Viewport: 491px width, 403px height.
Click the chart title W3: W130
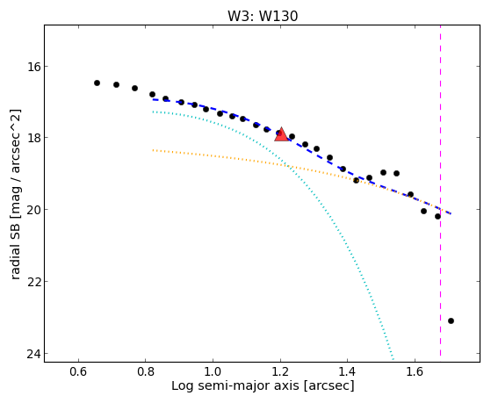coord(263,16)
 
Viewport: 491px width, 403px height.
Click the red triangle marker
coord(281,134)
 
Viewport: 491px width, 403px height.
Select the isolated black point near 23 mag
coord(451,320)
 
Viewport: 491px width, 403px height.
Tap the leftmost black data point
coord(97,83)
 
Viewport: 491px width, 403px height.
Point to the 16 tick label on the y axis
coord(31,67)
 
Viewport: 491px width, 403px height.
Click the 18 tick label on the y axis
coord(31,138)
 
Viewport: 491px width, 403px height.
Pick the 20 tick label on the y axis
coord(31,210)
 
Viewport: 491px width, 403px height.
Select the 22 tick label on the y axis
coord(31,282)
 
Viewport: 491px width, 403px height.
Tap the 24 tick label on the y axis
coord(31,354)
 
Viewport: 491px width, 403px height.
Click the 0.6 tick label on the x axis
coord(78,371)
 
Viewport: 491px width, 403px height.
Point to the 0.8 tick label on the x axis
coord(145,371)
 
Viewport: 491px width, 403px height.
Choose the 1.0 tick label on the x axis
coord(213,371)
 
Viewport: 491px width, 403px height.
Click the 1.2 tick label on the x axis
coord(280,371)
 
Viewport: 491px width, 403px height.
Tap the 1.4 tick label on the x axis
coord(347,371)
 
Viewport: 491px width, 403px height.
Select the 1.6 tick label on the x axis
coord(415,371)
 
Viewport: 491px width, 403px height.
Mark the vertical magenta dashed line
coord(441,191)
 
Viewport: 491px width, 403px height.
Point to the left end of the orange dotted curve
coord(153,150)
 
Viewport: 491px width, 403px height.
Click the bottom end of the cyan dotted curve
coord(394,359)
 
